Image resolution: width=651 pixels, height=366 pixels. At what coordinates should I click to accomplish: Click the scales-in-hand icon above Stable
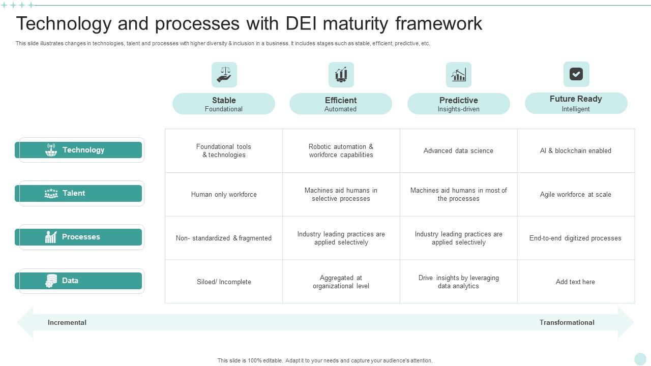point(224,75)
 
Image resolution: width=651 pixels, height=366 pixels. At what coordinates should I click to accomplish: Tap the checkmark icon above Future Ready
point(576,74)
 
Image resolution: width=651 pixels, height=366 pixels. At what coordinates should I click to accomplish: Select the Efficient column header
point(341,104)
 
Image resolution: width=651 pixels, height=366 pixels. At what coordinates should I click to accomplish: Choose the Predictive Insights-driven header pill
point(458,104)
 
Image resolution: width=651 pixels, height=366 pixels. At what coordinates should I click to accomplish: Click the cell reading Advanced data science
point(458,150)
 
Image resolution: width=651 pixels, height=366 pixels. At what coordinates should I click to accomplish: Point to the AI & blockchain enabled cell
point(575,150)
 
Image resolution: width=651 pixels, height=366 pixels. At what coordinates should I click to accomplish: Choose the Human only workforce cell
point(224,194)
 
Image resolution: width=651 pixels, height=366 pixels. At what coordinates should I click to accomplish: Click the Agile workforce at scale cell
point(575,194)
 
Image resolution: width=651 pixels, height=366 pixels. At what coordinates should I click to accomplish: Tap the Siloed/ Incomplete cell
point(224,282)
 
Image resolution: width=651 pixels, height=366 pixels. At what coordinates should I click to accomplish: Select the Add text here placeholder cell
point(575,282)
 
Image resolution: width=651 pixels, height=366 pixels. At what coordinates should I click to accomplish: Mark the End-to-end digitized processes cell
point(575,238)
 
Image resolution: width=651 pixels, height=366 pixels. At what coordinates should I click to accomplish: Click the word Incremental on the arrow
point(67,322)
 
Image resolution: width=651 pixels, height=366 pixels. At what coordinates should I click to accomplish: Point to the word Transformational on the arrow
point(567,322)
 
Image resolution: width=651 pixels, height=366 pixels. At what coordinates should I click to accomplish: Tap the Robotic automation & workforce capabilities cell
point(341,150)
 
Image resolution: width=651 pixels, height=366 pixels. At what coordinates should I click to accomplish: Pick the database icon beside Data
point(51,281)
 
